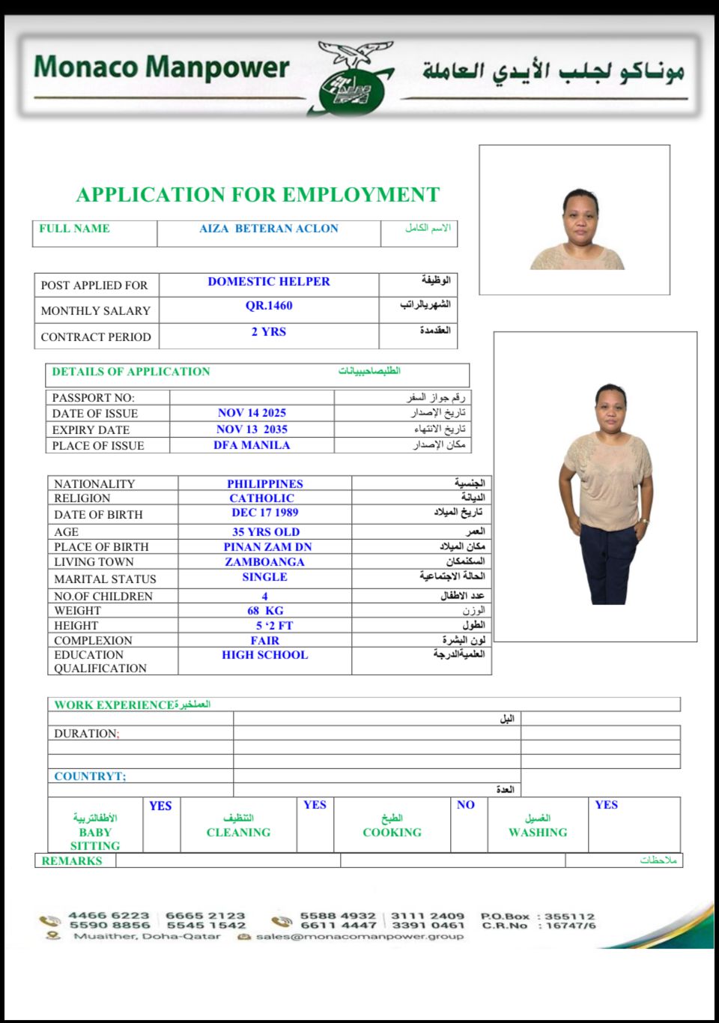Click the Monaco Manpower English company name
(161, 67)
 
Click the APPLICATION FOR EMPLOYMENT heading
(258, 195)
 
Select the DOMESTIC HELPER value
(269, 282)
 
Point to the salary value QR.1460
(269, 306)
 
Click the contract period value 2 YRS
(269, 332)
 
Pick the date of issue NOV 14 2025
(252, 413)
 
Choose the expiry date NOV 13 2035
(252, 429)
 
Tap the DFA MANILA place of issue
(252, 445)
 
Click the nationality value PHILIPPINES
(265, 484)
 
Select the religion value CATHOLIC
(262, 498)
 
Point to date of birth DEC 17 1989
(265, 513)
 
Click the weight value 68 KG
(265, 611)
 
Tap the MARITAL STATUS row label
(105, 579)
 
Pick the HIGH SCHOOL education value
(265, 655)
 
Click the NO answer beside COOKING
(466, 805)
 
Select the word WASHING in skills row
(538, 833)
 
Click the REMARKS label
(72, 861)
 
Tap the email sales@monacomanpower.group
(359, 937)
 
